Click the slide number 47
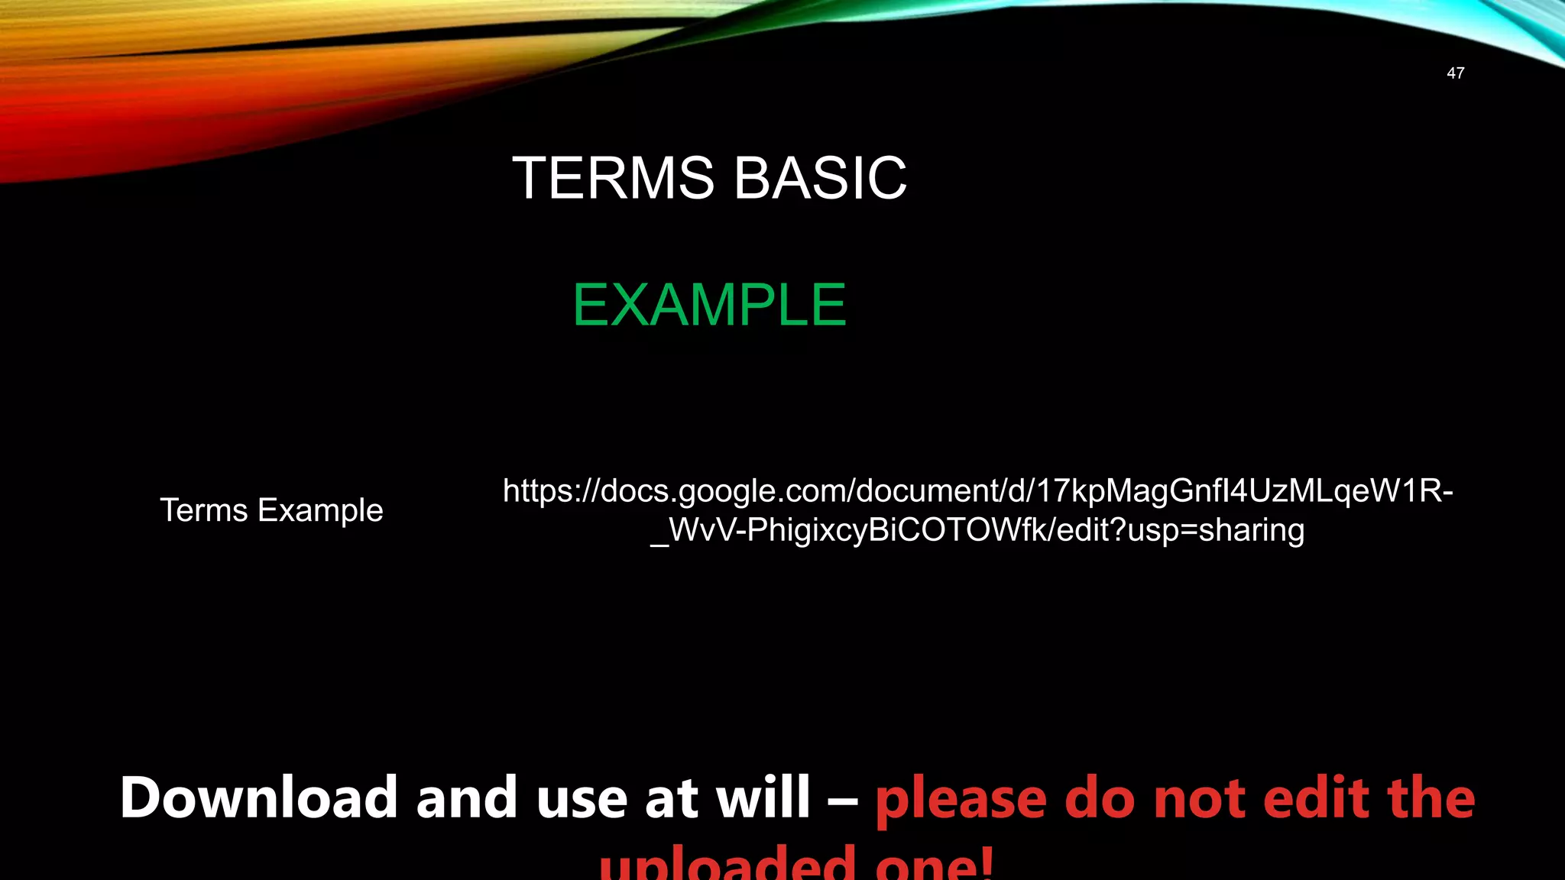(1455, 73)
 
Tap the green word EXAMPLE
(709, 305)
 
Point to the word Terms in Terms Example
(204, 510)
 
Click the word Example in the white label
(320, 510)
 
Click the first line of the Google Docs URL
(977, 490)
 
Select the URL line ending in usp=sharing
(977, 530)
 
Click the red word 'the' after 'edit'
(1431, 797)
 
